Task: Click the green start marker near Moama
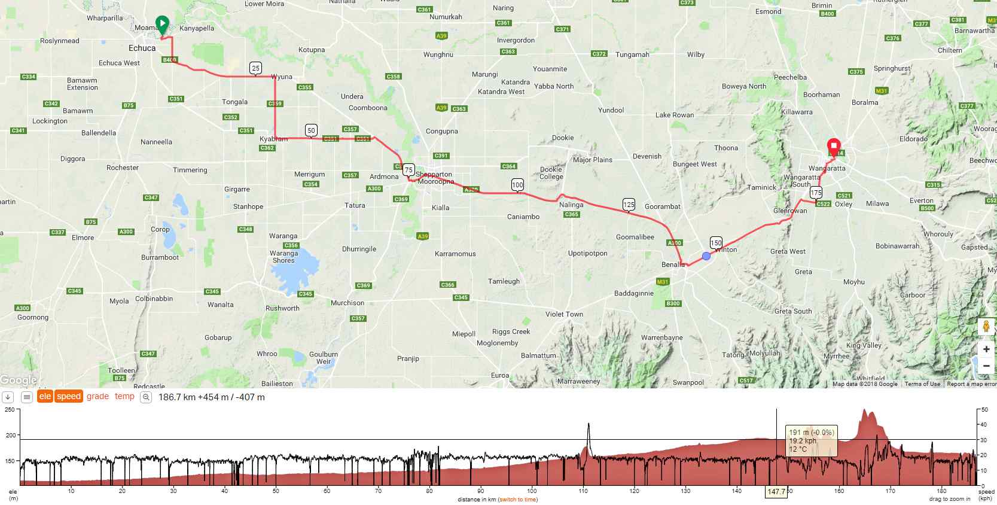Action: (162, 25)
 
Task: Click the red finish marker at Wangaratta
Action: (833, 147)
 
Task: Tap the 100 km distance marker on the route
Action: (517, 185)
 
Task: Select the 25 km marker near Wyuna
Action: (255, 68)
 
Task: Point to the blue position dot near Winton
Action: (706, 256)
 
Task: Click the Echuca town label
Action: (142, 48)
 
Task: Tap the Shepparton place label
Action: (434, 174)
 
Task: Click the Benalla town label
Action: (673, 264)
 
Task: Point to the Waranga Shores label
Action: (283, 257)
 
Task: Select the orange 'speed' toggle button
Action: (69, 396)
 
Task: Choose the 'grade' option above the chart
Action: (97, 396)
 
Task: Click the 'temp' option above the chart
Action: (124, 396)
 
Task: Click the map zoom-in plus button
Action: (986, 349)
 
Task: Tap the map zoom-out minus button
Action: (986, 366)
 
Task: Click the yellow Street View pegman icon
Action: (986, 327)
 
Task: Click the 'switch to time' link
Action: (517, 500)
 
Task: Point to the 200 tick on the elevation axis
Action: (11, 435)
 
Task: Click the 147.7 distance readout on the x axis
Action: (776, 492)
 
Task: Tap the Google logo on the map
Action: (19, 380)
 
